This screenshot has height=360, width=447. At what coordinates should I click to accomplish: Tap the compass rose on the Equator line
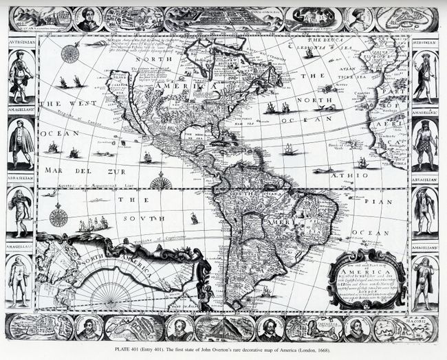click(160, 183)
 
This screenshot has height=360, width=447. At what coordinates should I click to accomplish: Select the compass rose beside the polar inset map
click(58, 217)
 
